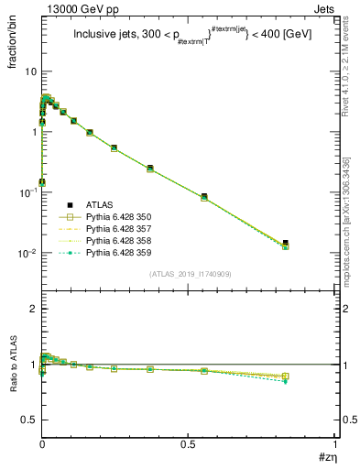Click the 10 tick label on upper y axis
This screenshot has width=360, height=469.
click(30, 71)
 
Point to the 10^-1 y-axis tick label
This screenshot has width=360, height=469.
click(27, 191)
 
